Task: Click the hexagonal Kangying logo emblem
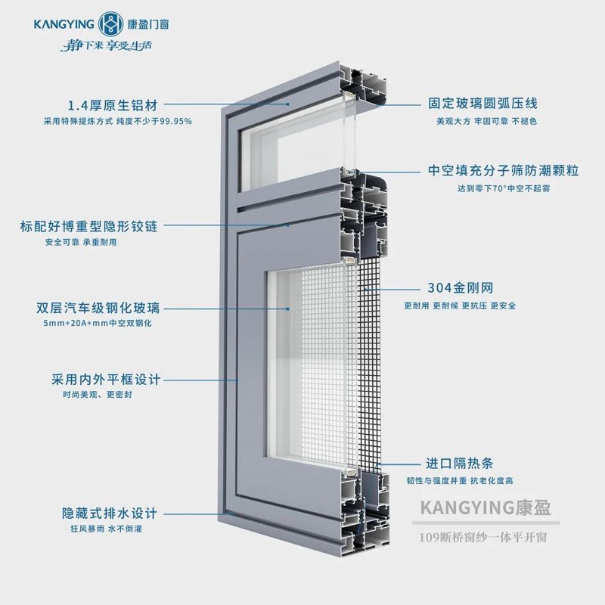click(110, 23)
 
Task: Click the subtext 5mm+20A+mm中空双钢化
click(99, 324)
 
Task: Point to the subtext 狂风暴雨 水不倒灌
click(101, 529)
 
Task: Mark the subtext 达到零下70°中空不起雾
click(492, 188)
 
